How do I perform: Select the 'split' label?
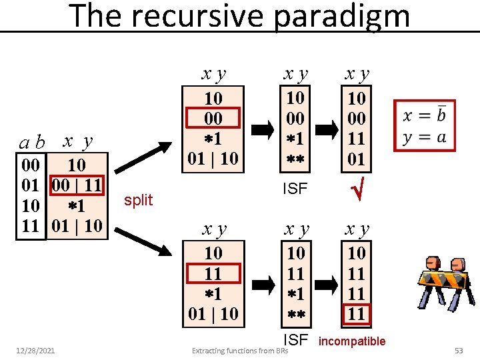[x=139, y=199]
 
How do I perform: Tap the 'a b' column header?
[x=32, y=142]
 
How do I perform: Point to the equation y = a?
[x=424, y=137]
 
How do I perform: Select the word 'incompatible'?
[x=353, y=341]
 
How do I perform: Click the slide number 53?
[x=458, y=349]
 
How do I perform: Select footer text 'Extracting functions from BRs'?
[x=239, y=350]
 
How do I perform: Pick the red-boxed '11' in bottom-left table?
[x=213, y=273]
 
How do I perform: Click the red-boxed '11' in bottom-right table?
[x=357, y=313]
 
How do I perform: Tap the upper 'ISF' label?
[x=295, y=189]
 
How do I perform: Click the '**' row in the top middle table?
[x=295, y=160]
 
